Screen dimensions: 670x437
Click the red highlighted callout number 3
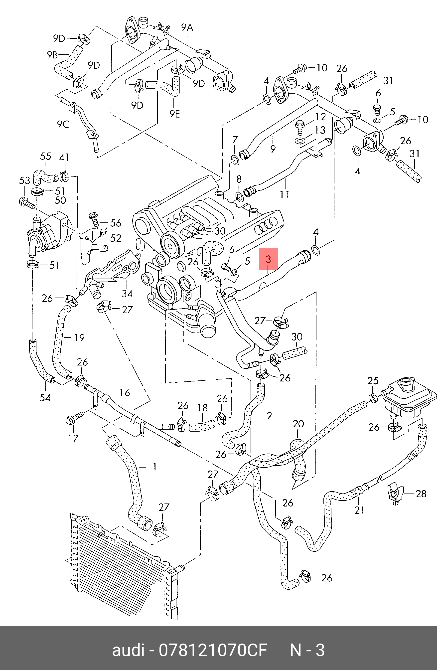coord(268,259)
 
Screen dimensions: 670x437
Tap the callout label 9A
coord(187,28)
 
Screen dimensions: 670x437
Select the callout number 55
coord(46,156)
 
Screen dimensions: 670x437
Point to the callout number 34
coord(127,294)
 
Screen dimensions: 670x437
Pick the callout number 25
coord(373,381)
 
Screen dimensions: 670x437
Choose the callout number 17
coord(73,438)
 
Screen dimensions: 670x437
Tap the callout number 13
coord(320,130)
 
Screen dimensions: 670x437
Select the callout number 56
coord(116,223)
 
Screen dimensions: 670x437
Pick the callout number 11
coord(284,194)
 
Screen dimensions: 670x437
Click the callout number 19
coord(79,337)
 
